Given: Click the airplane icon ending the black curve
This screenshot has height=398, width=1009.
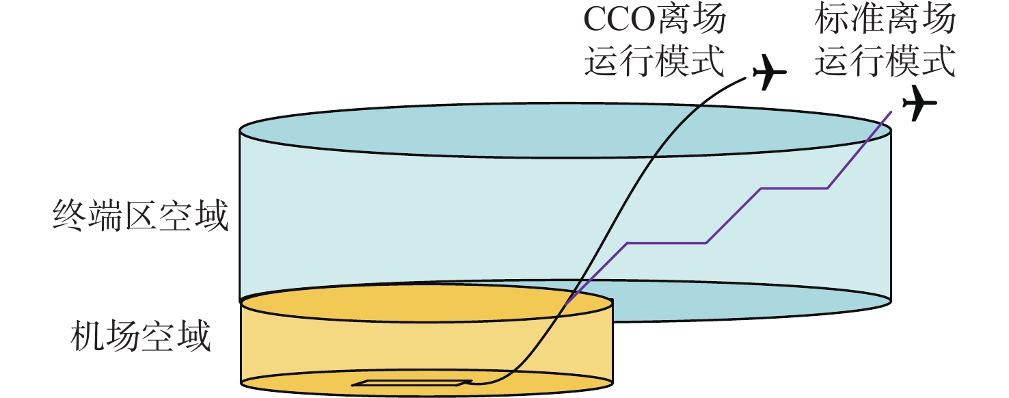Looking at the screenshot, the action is [x=769, y=72].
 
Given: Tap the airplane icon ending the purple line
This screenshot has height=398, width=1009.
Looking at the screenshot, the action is [x=919, y=103].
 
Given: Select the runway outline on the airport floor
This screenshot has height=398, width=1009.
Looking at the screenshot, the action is [x=412, y=383].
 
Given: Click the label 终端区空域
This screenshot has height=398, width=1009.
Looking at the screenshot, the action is [x=141, y=216].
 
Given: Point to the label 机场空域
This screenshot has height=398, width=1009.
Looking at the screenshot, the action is [x=141, y=336].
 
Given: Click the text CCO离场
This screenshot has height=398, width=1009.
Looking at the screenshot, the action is [x=654, y=19].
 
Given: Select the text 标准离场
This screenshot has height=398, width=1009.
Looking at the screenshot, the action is [x=885, y=19].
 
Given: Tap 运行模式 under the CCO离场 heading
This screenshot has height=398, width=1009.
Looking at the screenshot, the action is [x=654, y=60].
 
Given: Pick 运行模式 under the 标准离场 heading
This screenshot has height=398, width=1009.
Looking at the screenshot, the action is [x=885, y=60].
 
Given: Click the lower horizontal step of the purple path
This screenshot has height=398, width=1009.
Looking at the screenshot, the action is [x=667, y=243].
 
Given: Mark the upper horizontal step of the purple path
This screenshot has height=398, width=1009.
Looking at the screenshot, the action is [x=794, y=189].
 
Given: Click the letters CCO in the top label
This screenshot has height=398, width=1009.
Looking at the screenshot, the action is [x=619, y=19].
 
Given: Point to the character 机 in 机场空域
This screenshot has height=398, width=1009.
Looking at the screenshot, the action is [x=88, y=336].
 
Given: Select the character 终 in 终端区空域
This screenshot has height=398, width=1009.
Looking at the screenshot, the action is [x=70, y=216].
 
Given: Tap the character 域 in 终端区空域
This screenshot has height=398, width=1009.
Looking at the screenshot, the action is [x=212, y=216].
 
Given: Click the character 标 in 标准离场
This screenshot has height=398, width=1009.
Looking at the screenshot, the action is [x=832, y=19].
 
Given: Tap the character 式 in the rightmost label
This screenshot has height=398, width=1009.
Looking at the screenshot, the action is [x=939, y=60].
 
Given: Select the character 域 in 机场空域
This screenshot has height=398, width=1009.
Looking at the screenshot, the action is [x=194, y=336].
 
